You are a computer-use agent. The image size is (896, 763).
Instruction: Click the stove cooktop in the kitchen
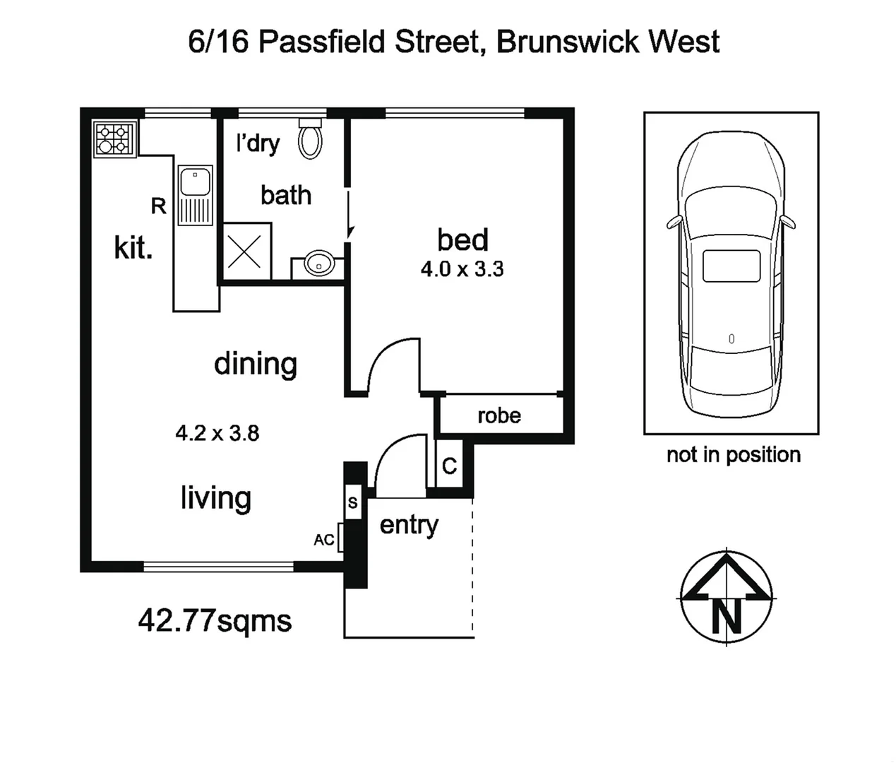click(115, 138)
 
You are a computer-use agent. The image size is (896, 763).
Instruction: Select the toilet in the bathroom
click(310, 139)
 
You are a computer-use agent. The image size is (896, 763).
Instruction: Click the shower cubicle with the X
click(246, 251)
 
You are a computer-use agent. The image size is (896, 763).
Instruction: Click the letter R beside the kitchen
click(159, 206)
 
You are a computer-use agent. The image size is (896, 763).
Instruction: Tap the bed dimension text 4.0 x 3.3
click(462, 269)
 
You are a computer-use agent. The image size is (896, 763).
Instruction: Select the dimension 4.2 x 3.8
click(217, 433)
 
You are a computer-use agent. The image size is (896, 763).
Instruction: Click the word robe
click(499, 415)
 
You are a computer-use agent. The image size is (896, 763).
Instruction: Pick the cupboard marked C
click(449, 466)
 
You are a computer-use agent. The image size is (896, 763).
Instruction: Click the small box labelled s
click(352, 503)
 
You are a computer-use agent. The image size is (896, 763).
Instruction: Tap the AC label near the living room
click(324, 540)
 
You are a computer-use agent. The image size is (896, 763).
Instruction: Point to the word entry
click(409, 525)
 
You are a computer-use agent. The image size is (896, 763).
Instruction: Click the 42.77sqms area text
click(215, 621)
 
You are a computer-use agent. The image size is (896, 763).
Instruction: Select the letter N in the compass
click(727, 617)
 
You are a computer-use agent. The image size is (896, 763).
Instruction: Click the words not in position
click(733, 454)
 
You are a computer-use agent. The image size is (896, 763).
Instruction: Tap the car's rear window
click(731, 266)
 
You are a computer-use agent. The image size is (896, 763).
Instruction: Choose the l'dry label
click(258, 143)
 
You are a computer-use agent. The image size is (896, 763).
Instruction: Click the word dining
click(256, 364)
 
